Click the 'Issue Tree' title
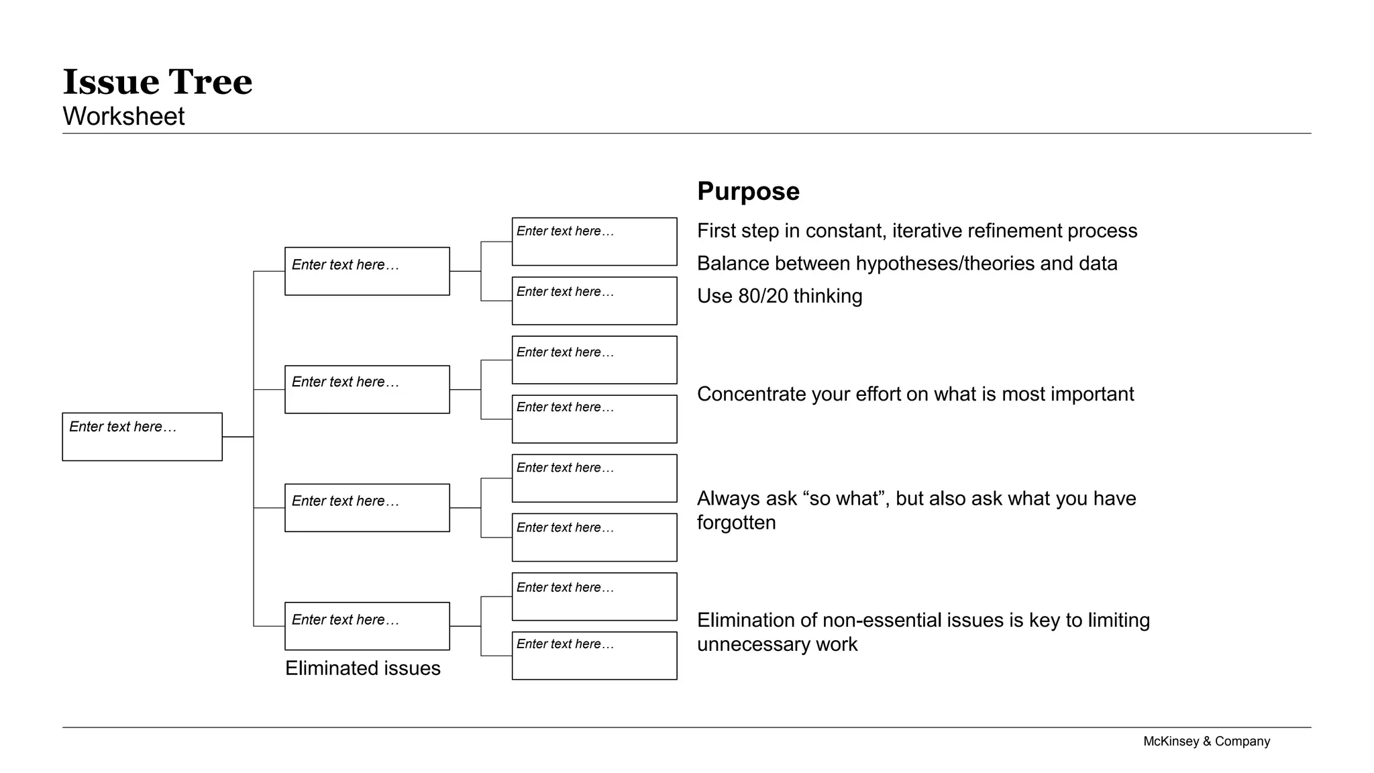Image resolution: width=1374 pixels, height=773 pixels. click(x=157, y=82)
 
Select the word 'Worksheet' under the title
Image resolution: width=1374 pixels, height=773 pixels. click(x=123, y=117)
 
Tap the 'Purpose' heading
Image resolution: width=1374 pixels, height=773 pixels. click(x=748, y=191)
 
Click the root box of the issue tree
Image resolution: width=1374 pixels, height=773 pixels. click(x=142, y=437)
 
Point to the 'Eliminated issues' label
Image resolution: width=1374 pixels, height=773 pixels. click(x=362, y=668)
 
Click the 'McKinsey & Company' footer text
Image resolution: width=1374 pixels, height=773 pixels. click(x=1206, y=741)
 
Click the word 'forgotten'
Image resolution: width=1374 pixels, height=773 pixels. click(x=736, y=523)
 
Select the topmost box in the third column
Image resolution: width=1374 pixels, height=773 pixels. click(x=594, y=242)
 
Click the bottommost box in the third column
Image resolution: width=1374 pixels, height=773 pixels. click(x=594, y=656)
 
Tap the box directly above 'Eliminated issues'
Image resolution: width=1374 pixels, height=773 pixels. click(x=367, y=626)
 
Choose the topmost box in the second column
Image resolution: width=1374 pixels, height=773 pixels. click(x=367, y=271)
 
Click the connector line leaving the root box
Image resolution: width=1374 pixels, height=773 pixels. click(x=237, y=437)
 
